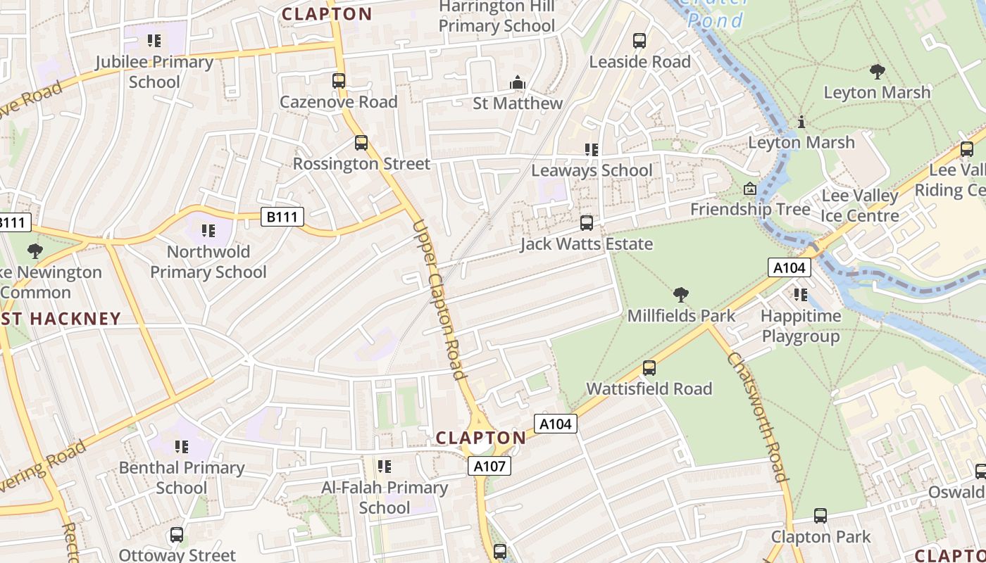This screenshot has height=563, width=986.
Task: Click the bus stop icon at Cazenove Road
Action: pyautogui.click(x=339, y=81)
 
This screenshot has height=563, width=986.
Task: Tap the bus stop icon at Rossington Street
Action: pyautogui.click(x=361, y=143)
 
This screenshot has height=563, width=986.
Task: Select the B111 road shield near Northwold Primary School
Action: pyautogui.click(x=282, y=217)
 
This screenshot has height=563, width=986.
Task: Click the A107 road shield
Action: pyautogui.click(x=489, y=465)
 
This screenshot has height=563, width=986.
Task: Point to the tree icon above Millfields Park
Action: pyautogui.click(x=680, y=294)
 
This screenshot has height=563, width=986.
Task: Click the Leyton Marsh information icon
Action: pyautogui.click(x=801, y=122)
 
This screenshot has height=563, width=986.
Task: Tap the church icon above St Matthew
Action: pyautogui.click(x=518, y=83)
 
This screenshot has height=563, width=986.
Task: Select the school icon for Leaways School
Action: pyautogui.click(x=592, y=150)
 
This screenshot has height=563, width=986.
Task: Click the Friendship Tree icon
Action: pyautogui.click(x=750, y=189)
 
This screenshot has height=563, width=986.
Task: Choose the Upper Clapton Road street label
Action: pyautogui.click(x=439, y=300)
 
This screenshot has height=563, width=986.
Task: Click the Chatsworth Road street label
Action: pyautogui.click(x=756, y=417)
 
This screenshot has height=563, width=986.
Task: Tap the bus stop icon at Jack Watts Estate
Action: pyautogui.click(x=586, y=224)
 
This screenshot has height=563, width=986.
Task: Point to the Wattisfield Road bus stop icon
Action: pyautogui.click(x=649, y=368)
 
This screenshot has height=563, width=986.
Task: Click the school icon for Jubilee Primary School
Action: pyautogui.click(x=154, y=42)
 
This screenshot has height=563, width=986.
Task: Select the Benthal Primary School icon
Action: pyautogui.click(x=182, y=447)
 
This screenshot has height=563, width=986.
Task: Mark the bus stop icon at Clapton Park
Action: pyautogui.click(x=820, y=516)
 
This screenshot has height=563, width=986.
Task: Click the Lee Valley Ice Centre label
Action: pyautogui.click(x=860, y=205)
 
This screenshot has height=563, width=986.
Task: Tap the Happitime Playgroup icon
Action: pyautogui.click(x=801, y=295)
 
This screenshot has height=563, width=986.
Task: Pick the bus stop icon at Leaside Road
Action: pyautogui.click(x=639, y=41)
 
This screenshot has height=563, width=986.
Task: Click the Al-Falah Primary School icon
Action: pyautogui.click(x=385, y=467)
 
